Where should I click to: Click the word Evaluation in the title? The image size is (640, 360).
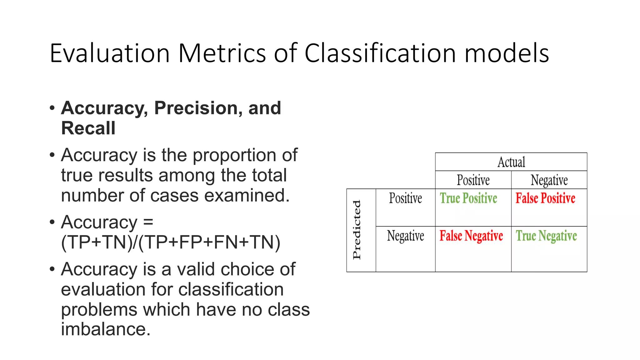110,53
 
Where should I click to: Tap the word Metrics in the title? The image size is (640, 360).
222,53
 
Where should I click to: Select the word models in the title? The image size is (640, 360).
507,53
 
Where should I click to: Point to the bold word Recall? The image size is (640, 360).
88,128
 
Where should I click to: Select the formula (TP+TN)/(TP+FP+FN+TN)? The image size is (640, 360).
171,242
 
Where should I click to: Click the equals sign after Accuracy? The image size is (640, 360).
148,222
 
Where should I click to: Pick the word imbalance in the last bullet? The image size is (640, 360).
106,329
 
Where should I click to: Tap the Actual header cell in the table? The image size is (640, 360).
511,162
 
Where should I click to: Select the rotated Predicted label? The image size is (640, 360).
357,230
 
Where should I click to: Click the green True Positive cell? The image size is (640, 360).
468,198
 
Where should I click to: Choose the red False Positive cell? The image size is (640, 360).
545,198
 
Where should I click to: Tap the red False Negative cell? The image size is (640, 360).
471,236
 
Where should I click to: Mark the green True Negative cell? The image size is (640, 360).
546,236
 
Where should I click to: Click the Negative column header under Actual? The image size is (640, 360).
549,180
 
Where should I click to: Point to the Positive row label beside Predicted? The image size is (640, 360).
405,198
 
